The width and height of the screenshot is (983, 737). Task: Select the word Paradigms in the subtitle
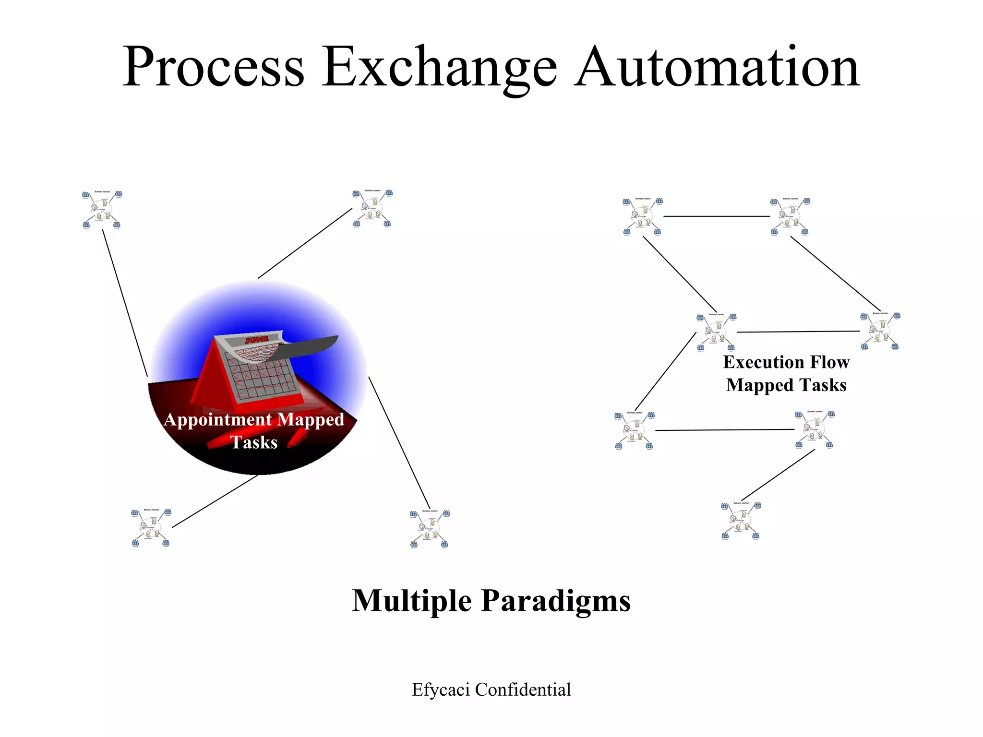tap(555, 601)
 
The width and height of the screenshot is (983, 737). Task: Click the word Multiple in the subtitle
tap(412, 601)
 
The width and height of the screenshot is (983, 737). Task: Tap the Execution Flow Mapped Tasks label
tap(786, 373)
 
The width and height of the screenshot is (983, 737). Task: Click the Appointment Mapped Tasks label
tap(254, 430)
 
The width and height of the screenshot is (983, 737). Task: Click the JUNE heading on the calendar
tap(256, 340)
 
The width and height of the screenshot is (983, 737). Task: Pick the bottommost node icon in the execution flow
tap(741, 521)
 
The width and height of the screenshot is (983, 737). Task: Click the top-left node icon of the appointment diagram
tap(102, 209)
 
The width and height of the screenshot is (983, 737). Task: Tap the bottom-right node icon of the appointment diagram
tap(430, 528)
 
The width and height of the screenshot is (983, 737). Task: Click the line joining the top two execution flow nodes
tap(716, 216)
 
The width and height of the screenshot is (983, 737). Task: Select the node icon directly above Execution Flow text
tap(716, 332)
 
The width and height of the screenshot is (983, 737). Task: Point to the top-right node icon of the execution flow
tap(790, 216)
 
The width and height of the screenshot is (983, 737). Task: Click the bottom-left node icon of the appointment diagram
tap(151, 527)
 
